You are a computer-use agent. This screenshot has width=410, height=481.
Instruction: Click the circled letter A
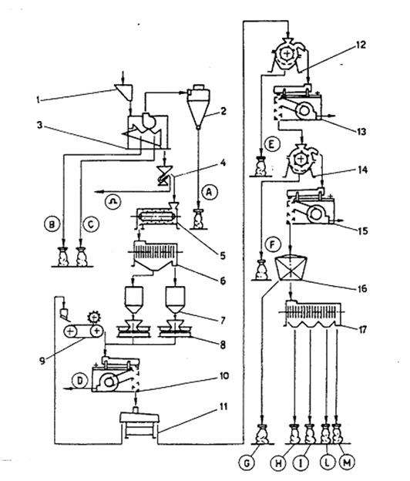coord(210,193)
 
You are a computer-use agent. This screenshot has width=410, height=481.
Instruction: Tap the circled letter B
coord(52,224)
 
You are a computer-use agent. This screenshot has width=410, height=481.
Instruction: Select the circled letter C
coord(90,224)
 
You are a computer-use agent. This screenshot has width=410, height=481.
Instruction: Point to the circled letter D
coord(79,381)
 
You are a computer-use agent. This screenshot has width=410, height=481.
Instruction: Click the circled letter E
coord(271,145)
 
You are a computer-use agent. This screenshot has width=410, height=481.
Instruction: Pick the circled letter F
coord(273,244)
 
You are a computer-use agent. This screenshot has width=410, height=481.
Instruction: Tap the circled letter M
coord(347,463)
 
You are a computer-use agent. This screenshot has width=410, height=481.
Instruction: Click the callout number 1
coord(38,99)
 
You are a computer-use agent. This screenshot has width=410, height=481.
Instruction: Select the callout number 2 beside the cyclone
coord(223,111)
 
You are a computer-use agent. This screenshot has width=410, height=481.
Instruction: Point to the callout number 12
coord(361,45)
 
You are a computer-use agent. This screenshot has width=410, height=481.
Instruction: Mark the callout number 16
coord(362,288)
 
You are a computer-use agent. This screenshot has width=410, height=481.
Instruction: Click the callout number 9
coord(42,361)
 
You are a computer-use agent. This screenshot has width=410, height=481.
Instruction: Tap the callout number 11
coord(223,407)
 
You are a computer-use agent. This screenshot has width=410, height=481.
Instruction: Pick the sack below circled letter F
coord(261,271)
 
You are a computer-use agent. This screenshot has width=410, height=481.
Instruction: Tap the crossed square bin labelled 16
coord(291,267)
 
